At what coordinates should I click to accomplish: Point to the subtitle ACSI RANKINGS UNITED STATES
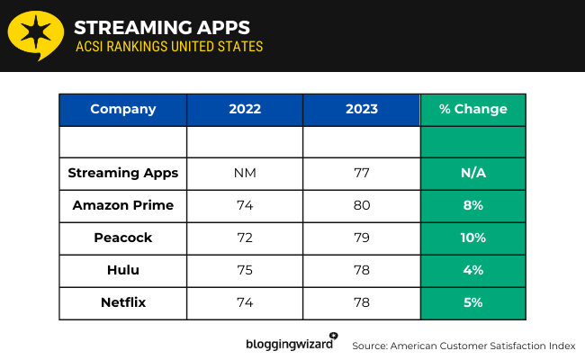tap(168, 46)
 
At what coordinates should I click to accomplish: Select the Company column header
tap(123, 109)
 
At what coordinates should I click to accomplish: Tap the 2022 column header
tap(245, 109)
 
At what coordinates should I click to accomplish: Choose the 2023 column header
tap(361, 109)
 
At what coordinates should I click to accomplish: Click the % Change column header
tap(472, 109)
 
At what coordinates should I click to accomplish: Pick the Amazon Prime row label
tap(123, 205)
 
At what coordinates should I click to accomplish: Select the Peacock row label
tap(123, 238)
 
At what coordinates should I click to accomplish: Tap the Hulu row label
tap(123, 270)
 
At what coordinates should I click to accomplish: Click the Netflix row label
tap(123, 302)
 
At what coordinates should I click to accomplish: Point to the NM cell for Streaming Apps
tap(245, 173)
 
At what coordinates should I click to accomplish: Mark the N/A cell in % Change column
tap(472, 173)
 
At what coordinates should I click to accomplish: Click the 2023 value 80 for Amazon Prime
tap(361, 205)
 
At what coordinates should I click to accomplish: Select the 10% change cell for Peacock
tap(472, 238)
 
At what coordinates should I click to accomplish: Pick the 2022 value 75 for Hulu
tap(245, 270)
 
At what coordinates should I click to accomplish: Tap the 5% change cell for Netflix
tap(472, 302)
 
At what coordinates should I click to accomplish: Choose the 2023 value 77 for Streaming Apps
tap(361, 173)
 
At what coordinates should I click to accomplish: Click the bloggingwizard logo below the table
tap(291, 343)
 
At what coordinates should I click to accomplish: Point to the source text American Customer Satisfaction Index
tap(463, 346)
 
